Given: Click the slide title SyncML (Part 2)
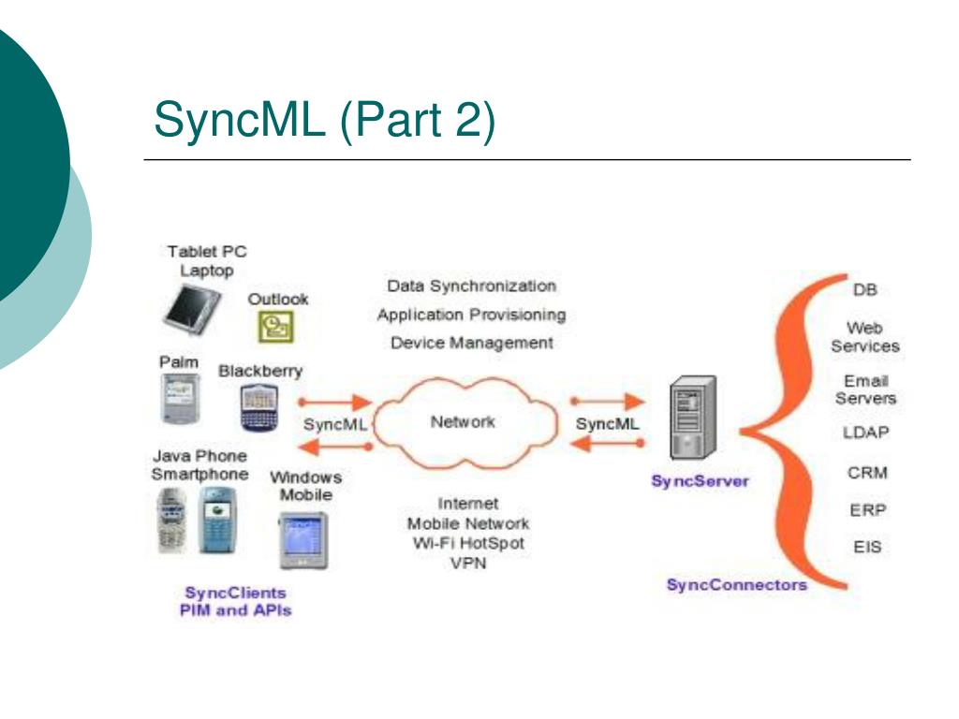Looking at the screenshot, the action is (x=324, y=120).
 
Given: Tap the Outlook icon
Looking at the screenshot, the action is (x=276, y=326).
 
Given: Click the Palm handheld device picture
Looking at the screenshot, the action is (x=180, y=399).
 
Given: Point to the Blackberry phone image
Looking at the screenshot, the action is (x=258, y=408).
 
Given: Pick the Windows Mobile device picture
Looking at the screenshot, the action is (x=303, y=540).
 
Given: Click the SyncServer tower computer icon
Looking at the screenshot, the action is (x=693, y=418).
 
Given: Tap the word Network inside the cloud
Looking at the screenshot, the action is (x=463, y=422).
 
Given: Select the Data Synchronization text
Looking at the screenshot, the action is (x=472, y=286).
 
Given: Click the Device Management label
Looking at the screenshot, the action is (x=472, y=343).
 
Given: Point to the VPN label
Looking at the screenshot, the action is (x=468, y=563).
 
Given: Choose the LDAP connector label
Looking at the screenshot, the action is (x=865, y=433).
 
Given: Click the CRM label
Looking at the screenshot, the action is (x=867, y=473).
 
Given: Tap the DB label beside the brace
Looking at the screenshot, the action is (x=864, y=290).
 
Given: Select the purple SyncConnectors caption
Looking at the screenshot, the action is (x=737, y=585).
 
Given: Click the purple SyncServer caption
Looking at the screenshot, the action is (x=700, y=481).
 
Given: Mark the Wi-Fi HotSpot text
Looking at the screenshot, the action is (x=468, y=543).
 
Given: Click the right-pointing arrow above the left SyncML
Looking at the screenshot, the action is (x=335, y=403).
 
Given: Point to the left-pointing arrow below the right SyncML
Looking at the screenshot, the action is (x=607, y=443).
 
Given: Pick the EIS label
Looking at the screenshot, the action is (x=867, y=547).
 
